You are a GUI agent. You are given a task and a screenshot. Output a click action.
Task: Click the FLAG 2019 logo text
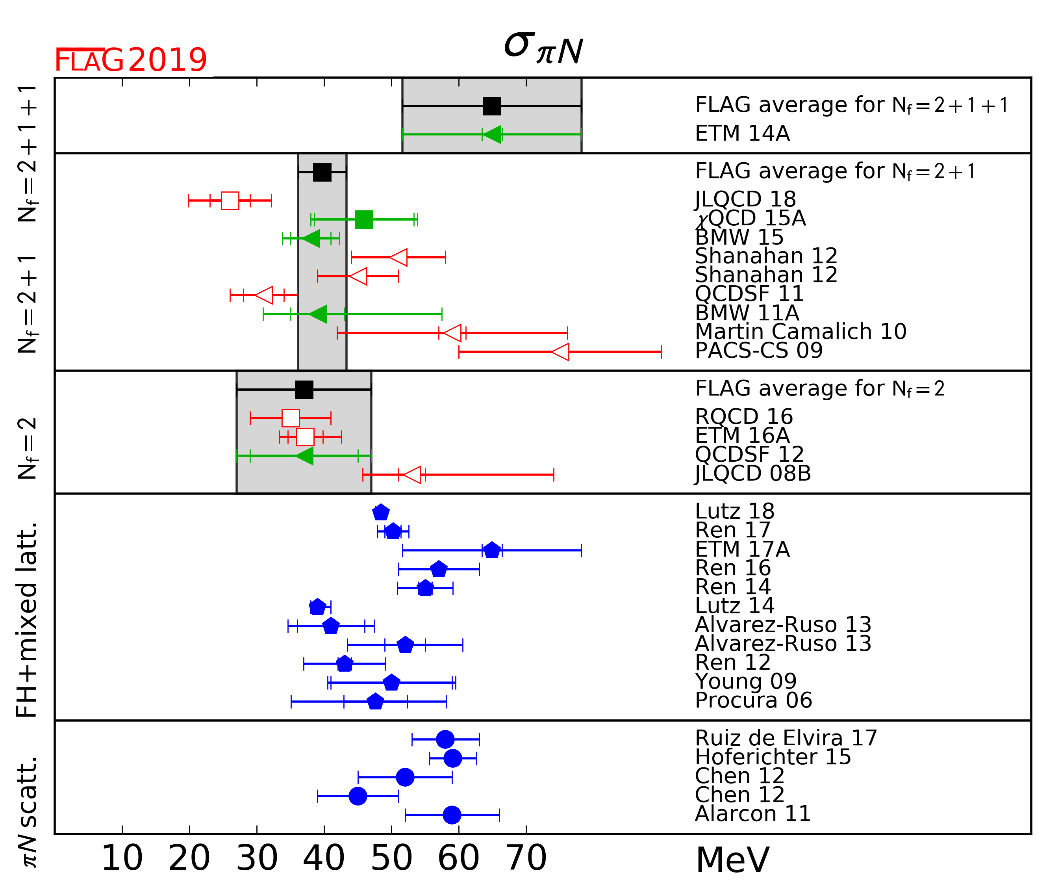(130, 61)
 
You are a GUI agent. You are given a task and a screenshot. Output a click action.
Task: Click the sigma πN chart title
(543, 48)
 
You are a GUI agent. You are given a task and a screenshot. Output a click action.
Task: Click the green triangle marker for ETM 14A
(493, 134)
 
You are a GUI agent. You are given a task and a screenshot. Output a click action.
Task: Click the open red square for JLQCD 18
(230, 201)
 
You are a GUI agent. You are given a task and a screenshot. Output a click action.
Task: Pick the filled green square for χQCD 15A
(364, 219)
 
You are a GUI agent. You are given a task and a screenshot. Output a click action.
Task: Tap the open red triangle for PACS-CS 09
(561, 352)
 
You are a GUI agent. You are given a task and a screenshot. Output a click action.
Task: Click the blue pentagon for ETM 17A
(492, 550)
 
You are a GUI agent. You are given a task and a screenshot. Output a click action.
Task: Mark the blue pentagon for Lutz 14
(317, 607)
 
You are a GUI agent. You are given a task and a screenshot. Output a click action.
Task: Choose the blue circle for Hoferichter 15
(452, 758)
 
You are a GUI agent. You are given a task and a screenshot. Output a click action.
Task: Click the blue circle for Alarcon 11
(452, 815)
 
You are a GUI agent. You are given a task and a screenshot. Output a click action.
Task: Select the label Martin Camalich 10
(801, 332)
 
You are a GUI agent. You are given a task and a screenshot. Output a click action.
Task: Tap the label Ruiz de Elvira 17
(786, 738)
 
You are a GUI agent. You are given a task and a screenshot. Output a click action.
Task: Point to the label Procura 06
(753, 700)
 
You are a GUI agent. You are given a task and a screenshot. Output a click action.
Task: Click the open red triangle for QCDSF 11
(265, 295)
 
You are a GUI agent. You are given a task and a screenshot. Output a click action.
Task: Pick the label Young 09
(745, 681)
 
